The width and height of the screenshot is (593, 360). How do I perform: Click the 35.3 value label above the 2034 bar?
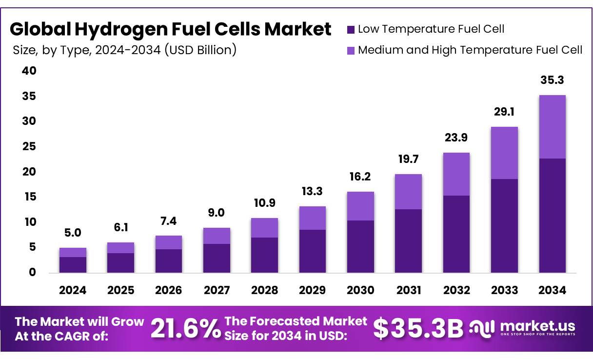[552, 80]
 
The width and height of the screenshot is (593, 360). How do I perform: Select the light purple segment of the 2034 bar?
[552, 127]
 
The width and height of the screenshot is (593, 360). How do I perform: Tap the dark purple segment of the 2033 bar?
[504, 225]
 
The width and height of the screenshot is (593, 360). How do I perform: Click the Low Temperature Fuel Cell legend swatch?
[351, 29]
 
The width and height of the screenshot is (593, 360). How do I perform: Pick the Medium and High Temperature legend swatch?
[351, 50]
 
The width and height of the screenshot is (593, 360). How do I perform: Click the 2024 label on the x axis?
[73, 291]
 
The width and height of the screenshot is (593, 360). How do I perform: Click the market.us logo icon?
[482, 328]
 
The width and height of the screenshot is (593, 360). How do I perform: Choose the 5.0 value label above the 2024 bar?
[73, 233]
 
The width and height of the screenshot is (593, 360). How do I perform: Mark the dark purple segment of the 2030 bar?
[360, 246]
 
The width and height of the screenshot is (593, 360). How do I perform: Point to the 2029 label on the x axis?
[312, 291]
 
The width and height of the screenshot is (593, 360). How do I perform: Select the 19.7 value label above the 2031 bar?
[408, 159]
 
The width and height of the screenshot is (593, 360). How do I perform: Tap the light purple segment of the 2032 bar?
[456, 174]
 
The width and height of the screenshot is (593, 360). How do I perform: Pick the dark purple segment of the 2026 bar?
[168, 260]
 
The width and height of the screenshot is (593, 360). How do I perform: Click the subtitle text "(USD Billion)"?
[200, 50]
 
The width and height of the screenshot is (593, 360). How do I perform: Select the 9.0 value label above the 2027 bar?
[217, 213]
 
